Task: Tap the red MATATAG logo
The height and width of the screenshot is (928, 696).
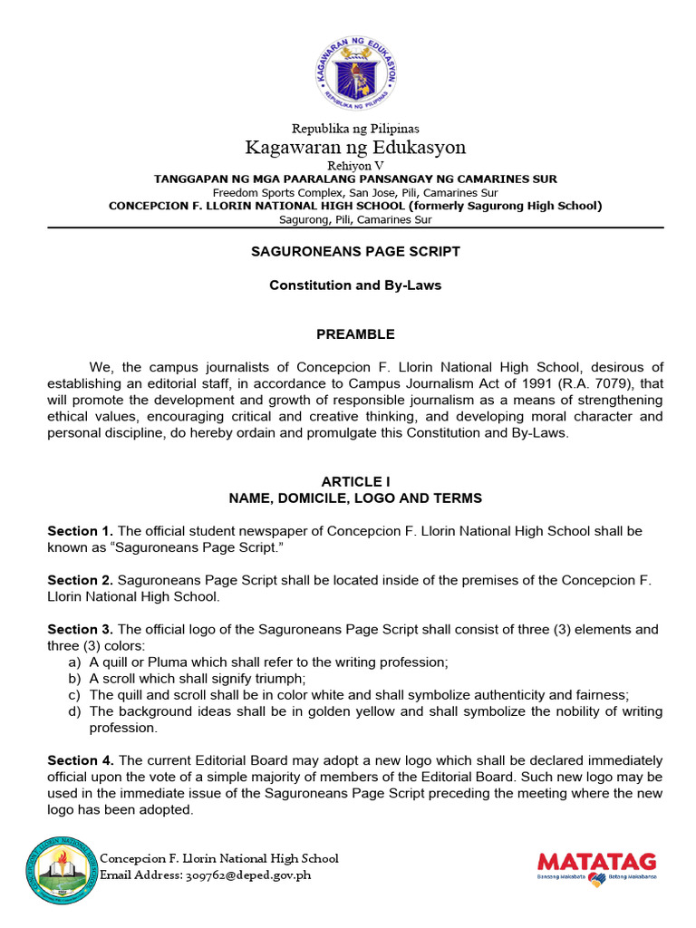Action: coord(596,862)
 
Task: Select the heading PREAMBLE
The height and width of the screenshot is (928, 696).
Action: coord(355,334)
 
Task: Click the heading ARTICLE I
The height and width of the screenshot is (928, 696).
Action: coord(355,481)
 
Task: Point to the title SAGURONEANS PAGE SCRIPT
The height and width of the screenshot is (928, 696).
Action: coord(355,251)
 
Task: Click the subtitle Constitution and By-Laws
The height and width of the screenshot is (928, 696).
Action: coord(355,285)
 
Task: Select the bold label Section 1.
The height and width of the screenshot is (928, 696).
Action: coord(80,531)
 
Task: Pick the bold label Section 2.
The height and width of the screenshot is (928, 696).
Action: coord(80,580)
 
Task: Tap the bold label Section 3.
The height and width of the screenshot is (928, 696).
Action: coord(80,629)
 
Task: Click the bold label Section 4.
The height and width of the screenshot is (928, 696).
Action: coord(80,760)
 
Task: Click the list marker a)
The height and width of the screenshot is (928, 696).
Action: coord(74,662)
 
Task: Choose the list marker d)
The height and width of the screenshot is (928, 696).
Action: coord(74,711)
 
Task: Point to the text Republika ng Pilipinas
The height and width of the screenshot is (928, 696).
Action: coord(355,129)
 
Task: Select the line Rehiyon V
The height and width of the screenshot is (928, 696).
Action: coord(355,165)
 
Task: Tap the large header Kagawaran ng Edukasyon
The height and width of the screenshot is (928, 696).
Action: coord(355,147)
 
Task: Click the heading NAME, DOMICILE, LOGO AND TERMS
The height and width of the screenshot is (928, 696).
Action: coord(355,498)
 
